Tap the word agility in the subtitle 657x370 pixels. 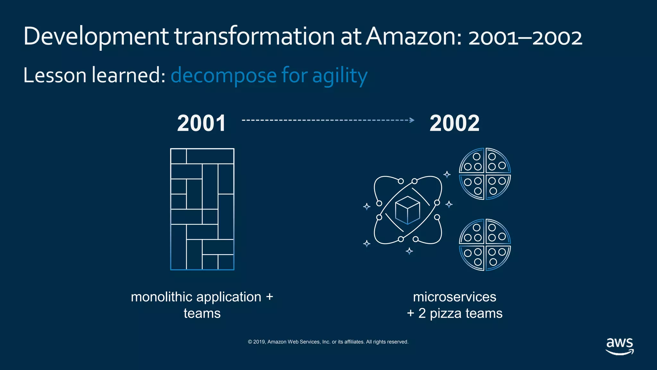[340, 76]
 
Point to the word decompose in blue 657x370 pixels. [224, 76]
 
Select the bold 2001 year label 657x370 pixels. [201, 123]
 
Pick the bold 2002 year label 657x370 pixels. [454, 123]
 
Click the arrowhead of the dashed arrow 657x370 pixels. [412, 120]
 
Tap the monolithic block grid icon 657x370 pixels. [202, 209]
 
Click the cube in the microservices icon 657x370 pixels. [407, 210]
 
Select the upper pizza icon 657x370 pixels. [485, 174]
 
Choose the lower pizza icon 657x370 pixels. [485, 245]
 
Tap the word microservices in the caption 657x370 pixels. [454, 297]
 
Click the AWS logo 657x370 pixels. [619, 346]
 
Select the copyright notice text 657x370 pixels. [328, 342]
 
